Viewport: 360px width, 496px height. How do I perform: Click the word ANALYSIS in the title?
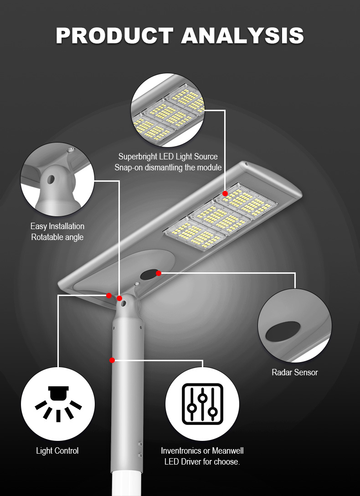pyautogui.click(x=242, y=36)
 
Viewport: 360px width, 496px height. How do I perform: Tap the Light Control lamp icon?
pyautogui.click(x=58, y=404)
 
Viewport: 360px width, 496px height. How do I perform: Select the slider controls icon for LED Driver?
pyautogui.click(x=202, y=404)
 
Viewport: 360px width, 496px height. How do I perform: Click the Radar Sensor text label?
pyautogui.click(x=295, y=373)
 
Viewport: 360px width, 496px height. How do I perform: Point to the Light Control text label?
pyautogui.click(x=57, y=451)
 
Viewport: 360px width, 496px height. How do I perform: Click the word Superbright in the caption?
pyautogui.click(x=138, y=157)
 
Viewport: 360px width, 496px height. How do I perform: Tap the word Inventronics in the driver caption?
pyautogui.click(x=181, y=451)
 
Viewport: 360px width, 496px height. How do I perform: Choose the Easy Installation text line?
pyautogui.click(x=57, y=226)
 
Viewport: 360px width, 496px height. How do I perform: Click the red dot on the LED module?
pyautogui.click(x=225, y=194)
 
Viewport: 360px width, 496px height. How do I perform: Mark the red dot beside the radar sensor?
pyautogui.click(x=159, y=273)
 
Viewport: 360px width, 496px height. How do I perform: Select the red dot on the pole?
pyautogui.click(x=112, y=360)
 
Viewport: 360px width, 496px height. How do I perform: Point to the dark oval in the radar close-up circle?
pyautogui.click(x=283, y=332)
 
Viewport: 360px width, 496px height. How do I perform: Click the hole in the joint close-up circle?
pyautogui.click(x=50, y=179)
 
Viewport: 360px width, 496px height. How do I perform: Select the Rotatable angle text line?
pyautogui.click(x=57, y=237)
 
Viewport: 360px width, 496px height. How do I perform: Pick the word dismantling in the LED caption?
pyautogui.click(x=165, y=168)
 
